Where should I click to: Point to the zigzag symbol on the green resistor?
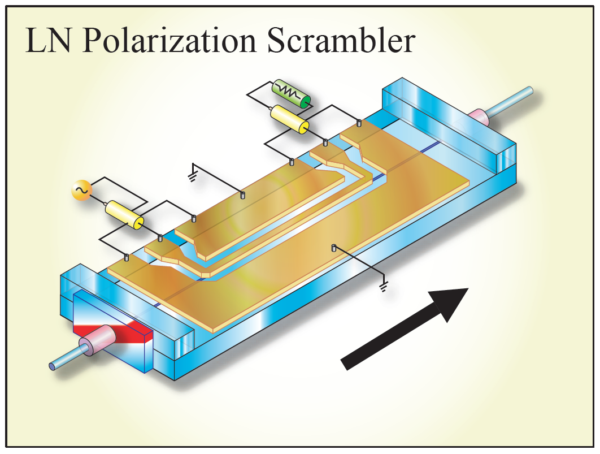289,92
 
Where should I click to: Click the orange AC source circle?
81,192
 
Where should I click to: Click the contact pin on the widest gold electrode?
334,247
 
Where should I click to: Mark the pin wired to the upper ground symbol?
242,194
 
